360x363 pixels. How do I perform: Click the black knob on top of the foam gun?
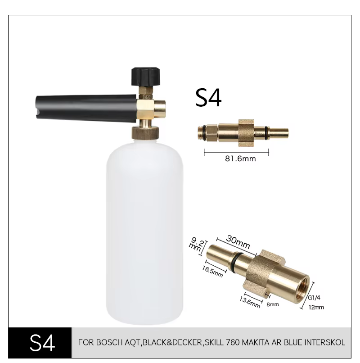(x=145, y=77)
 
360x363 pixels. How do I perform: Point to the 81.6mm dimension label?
(x=240, y=159)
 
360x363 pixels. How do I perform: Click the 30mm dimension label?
(x=238, y=242)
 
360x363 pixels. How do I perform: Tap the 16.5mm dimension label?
(x=212, y=271)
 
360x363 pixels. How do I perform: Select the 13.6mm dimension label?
(x=250, y=302)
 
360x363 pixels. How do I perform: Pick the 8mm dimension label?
(x=273, y=304)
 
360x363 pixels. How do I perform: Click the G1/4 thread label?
(x=314, y=298)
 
